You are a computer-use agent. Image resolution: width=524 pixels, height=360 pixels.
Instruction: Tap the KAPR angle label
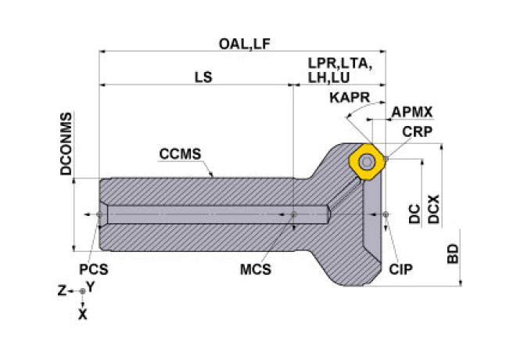point(346,97)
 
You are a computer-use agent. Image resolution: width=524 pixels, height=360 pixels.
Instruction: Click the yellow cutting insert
point(366,160)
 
